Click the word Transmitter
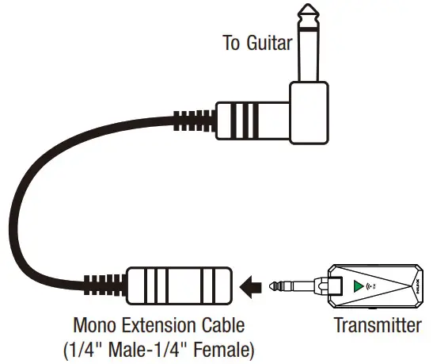click(378, 324)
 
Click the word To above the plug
click(231, 43)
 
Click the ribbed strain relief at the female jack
click(106, 283)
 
